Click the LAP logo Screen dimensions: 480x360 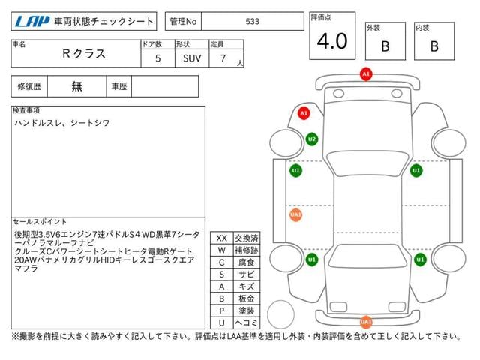pos(32,22)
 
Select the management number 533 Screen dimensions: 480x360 pos(253,22)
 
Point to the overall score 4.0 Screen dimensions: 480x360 pos(332,41)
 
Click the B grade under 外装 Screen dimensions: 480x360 pos(385,46)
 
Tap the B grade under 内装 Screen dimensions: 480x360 pos(434,46)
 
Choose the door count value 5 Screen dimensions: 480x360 pos(158,58)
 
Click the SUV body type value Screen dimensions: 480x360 pos(192,58)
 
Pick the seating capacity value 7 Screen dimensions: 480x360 pos(223,58)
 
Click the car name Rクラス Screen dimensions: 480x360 pos(84,54)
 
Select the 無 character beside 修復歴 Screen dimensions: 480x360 pos(76,86)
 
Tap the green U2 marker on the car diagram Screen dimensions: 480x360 pos(312,139)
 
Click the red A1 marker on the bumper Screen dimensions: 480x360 pos(366,74)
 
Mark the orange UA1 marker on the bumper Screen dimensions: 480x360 pos(366,322)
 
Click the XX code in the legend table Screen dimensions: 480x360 pos(222,238)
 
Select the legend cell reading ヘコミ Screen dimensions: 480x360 pos(247,322)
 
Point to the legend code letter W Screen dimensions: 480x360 pos(222,250)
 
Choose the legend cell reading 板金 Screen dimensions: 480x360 pos(247,298)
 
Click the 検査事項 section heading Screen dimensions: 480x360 pos(26,110)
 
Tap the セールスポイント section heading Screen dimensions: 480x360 pos(40,222)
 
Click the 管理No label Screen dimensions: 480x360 pos(183,22)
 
